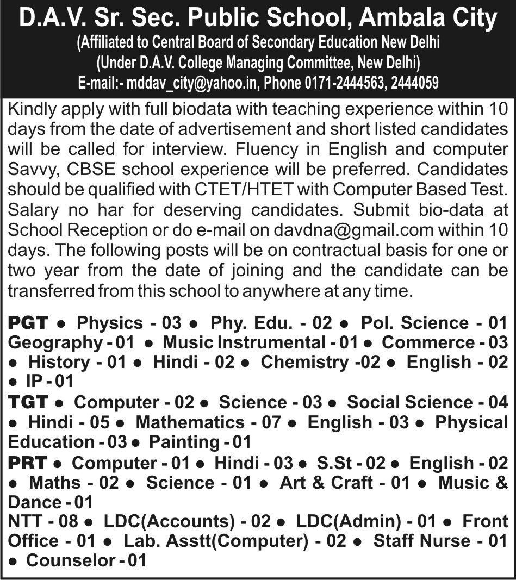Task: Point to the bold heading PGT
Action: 29,323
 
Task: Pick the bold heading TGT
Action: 28,403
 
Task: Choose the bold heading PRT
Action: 28,463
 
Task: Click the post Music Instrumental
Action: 244,342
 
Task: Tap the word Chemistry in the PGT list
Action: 304,363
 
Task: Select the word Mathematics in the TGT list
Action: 190,422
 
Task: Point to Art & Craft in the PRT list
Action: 326,483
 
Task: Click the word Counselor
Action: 71,560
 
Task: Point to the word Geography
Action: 52,342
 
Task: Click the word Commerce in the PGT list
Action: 428,342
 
